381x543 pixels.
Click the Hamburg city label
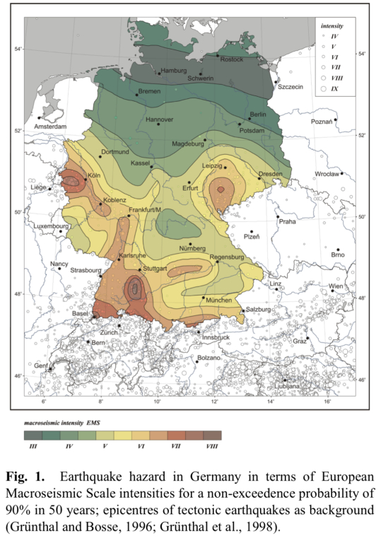tap(173, 71)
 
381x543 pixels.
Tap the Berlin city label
tap(257, 114)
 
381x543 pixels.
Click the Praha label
tap(287, 221)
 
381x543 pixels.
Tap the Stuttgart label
tap(154, 269)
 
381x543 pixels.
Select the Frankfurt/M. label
tap(146, 211)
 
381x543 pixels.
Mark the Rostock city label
tap(231, 59)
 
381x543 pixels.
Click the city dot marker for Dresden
tap(259, 178)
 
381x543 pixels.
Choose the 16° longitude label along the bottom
tap(328, 402)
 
